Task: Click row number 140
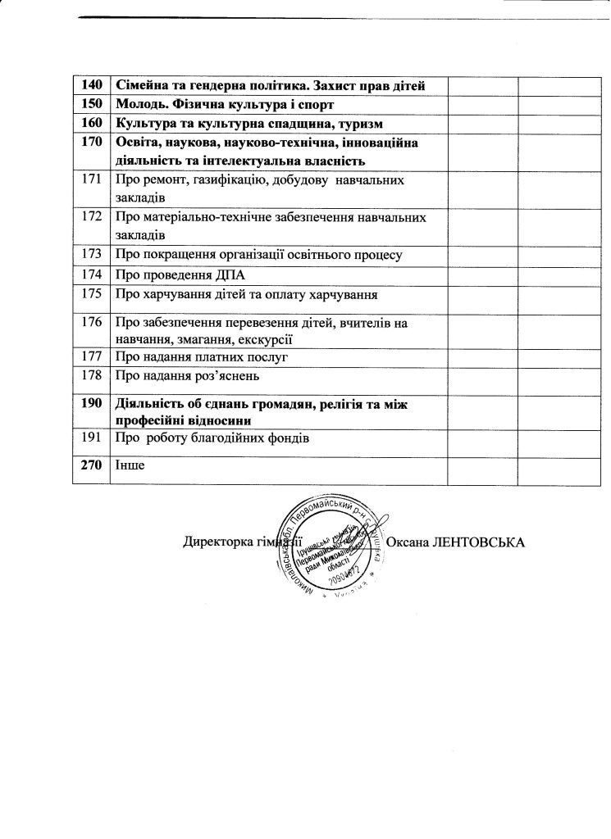click(x=91, y=86)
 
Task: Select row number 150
click(x=91, y=105)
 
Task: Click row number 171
click(x=91, y=179)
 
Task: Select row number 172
click(x=91, y=217)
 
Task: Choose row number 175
click(x=91, y=294)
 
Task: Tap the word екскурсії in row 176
click(x=267, y=339)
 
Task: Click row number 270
click(x=91, y=465)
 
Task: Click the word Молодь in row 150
click(x=140, y=105)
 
